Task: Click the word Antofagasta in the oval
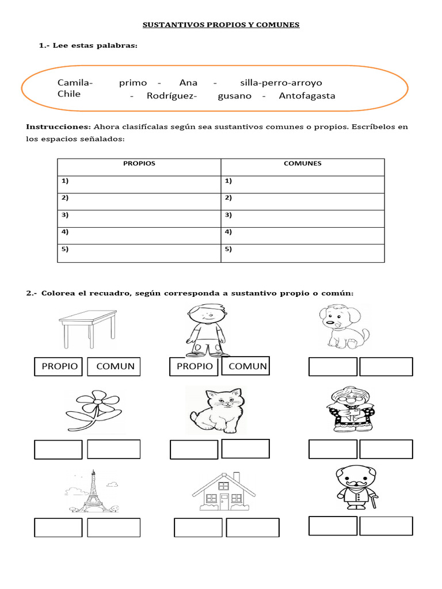[x=307, y=96]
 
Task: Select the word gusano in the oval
[x=235, y=96]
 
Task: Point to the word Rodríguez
[x=171, y=96]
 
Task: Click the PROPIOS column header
[x=139, y=163]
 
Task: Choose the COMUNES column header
[x=303, y=163]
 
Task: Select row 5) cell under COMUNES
[x=303, y=253]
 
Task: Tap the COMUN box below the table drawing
[x=114, y=366]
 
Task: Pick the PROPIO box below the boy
[x=195, y=366]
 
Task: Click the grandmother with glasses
[x=350, y=409]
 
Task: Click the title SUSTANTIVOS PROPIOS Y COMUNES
[x=221, y=25]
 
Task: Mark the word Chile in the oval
[x=69, y=94]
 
